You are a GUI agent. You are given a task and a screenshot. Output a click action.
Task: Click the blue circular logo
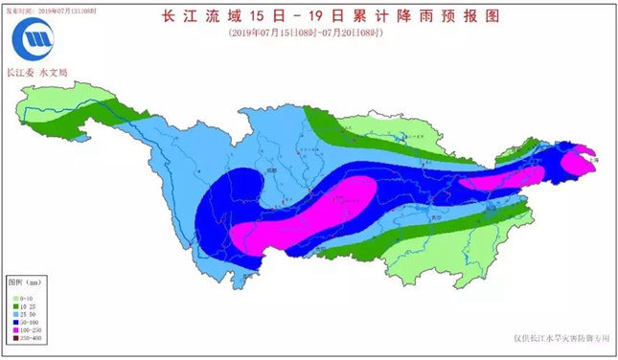point(36,42)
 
